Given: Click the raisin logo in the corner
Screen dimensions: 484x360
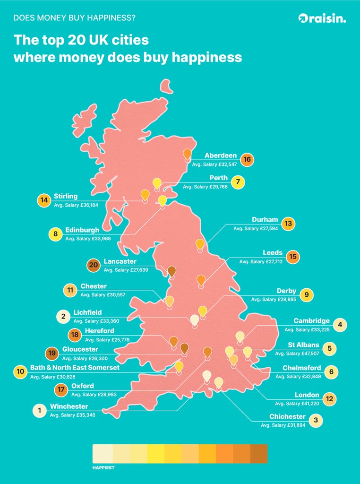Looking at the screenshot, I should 322,18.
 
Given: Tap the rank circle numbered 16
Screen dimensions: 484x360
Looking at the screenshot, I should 247,160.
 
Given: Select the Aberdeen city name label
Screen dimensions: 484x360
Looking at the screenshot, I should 221,156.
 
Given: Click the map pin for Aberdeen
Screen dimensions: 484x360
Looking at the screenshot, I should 188,154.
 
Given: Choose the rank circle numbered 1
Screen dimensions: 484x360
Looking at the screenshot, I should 39,411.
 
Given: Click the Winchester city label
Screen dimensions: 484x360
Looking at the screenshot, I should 69,406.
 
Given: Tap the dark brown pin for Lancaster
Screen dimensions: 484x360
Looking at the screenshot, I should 172,271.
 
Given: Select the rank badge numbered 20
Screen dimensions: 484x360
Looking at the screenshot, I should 94,265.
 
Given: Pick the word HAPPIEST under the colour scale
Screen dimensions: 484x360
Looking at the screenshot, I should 103,468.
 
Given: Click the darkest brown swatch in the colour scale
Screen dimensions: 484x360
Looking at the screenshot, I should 258,454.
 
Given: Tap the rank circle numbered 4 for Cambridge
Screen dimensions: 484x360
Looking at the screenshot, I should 340,325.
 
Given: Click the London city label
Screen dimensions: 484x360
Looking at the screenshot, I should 307,395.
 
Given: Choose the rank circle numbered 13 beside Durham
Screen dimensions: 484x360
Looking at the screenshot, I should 288,224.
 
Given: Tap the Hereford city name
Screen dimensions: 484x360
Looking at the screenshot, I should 100,331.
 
